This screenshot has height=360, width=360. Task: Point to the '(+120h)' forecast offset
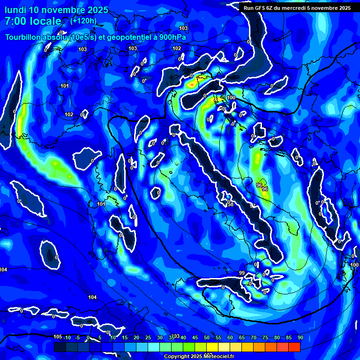click(83, 21)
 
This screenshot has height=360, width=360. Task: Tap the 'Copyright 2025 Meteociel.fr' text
click(199, 356)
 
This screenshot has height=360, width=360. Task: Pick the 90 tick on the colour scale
click(300, 338)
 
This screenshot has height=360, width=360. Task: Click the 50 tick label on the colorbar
click(207, 338)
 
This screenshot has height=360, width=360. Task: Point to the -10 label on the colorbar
click(67, 338)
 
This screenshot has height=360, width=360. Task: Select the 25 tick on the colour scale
click(148, 338)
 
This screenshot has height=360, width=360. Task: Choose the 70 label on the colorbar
click(254, 338)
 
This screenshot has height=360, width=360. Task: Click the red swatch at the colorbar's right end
click(294, 347)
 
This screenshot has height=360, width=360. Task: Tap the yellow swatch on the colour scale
click(224, 347)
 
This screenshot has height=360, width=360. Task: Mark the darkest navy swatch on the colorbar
click(60, 347)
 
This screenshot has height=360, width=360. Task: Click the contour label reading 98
click(230, 204)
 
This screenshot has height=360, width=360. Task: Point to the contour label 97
click(253, 205)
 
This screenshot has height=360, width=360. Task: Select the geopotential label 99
click(242, 273)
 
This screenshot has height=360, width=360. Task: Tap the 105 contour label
click(58, 337)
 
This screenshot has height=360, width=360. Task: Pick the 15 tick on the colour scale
click(125, 338)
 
